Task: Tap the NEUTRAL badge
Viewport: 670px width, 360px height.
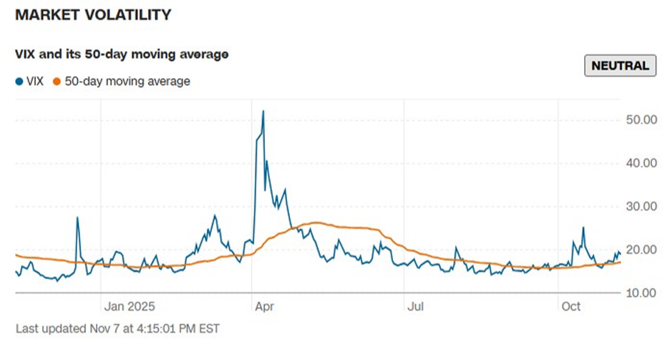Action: pyautogui.click(x=621, y=66)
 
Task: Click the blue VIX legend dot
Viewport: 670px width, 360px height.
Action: pyautogui.click(x=19, y=82)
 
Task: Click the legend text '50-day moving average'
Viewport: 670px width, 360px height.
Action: pyautogui.click(x=127, y=82)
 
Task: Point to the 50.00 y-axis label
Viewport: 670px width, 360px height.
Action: pyautogui.click(x=641, y=120)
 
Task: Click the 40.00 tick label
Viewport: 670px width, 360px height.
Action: pyautogui.click(x=641, y=162)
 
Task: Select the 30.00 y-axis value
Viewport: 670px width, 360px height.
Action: pyautogui.click(x=641, y=206)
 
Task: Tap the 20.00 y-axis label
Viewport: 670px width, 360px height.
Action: pyautogui.click(x=641, y=249)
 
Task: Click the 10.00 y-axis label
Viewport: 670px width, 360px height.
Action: pyautogui.click(x=641, y=293)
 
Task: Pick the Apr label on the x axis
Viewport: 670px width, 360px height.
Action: pyautogui.click(x=264, y=306)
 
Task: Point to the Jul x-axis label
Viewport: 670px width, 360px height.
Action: pyautogui.click(x=417, y=306)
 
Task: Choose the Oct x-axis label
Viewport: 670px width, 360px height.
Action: pyautogui.click(x=571, y=306)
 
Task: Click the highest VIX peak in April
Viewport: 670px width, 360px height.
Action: pyautogui.click(x=263, y=111)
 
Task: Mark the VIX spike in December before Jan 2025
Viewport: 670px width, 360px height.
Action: pyautogui.click(x=77, y=218)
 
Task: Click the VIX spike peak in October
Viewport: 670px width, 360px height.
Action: pyautogui.click(x=583, y=228)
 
